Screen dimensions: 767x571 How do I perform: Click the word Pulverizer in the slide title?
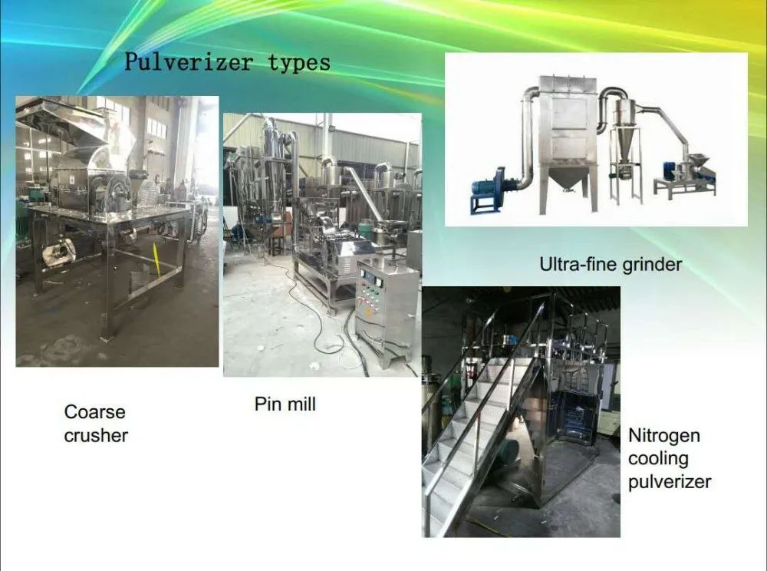tap(189, 62)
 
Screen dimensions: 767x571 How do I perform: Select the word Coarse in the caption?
tap(95, 412)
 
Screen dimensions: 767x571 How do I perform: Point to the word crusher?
tap(96, 435)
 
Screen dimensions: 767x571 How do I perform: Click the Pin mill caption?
tap(285, 404)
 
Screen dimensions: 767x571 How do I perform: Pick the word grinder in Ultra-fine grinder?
tap(652, 265)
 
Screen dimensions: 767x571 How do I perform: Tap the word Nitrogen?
tap(663, 435)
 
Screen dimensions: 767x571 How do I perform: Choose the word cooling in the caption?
tap(658, 458)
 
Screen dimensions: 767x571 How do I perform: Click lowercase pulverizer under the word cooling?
tap(669, 481)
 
